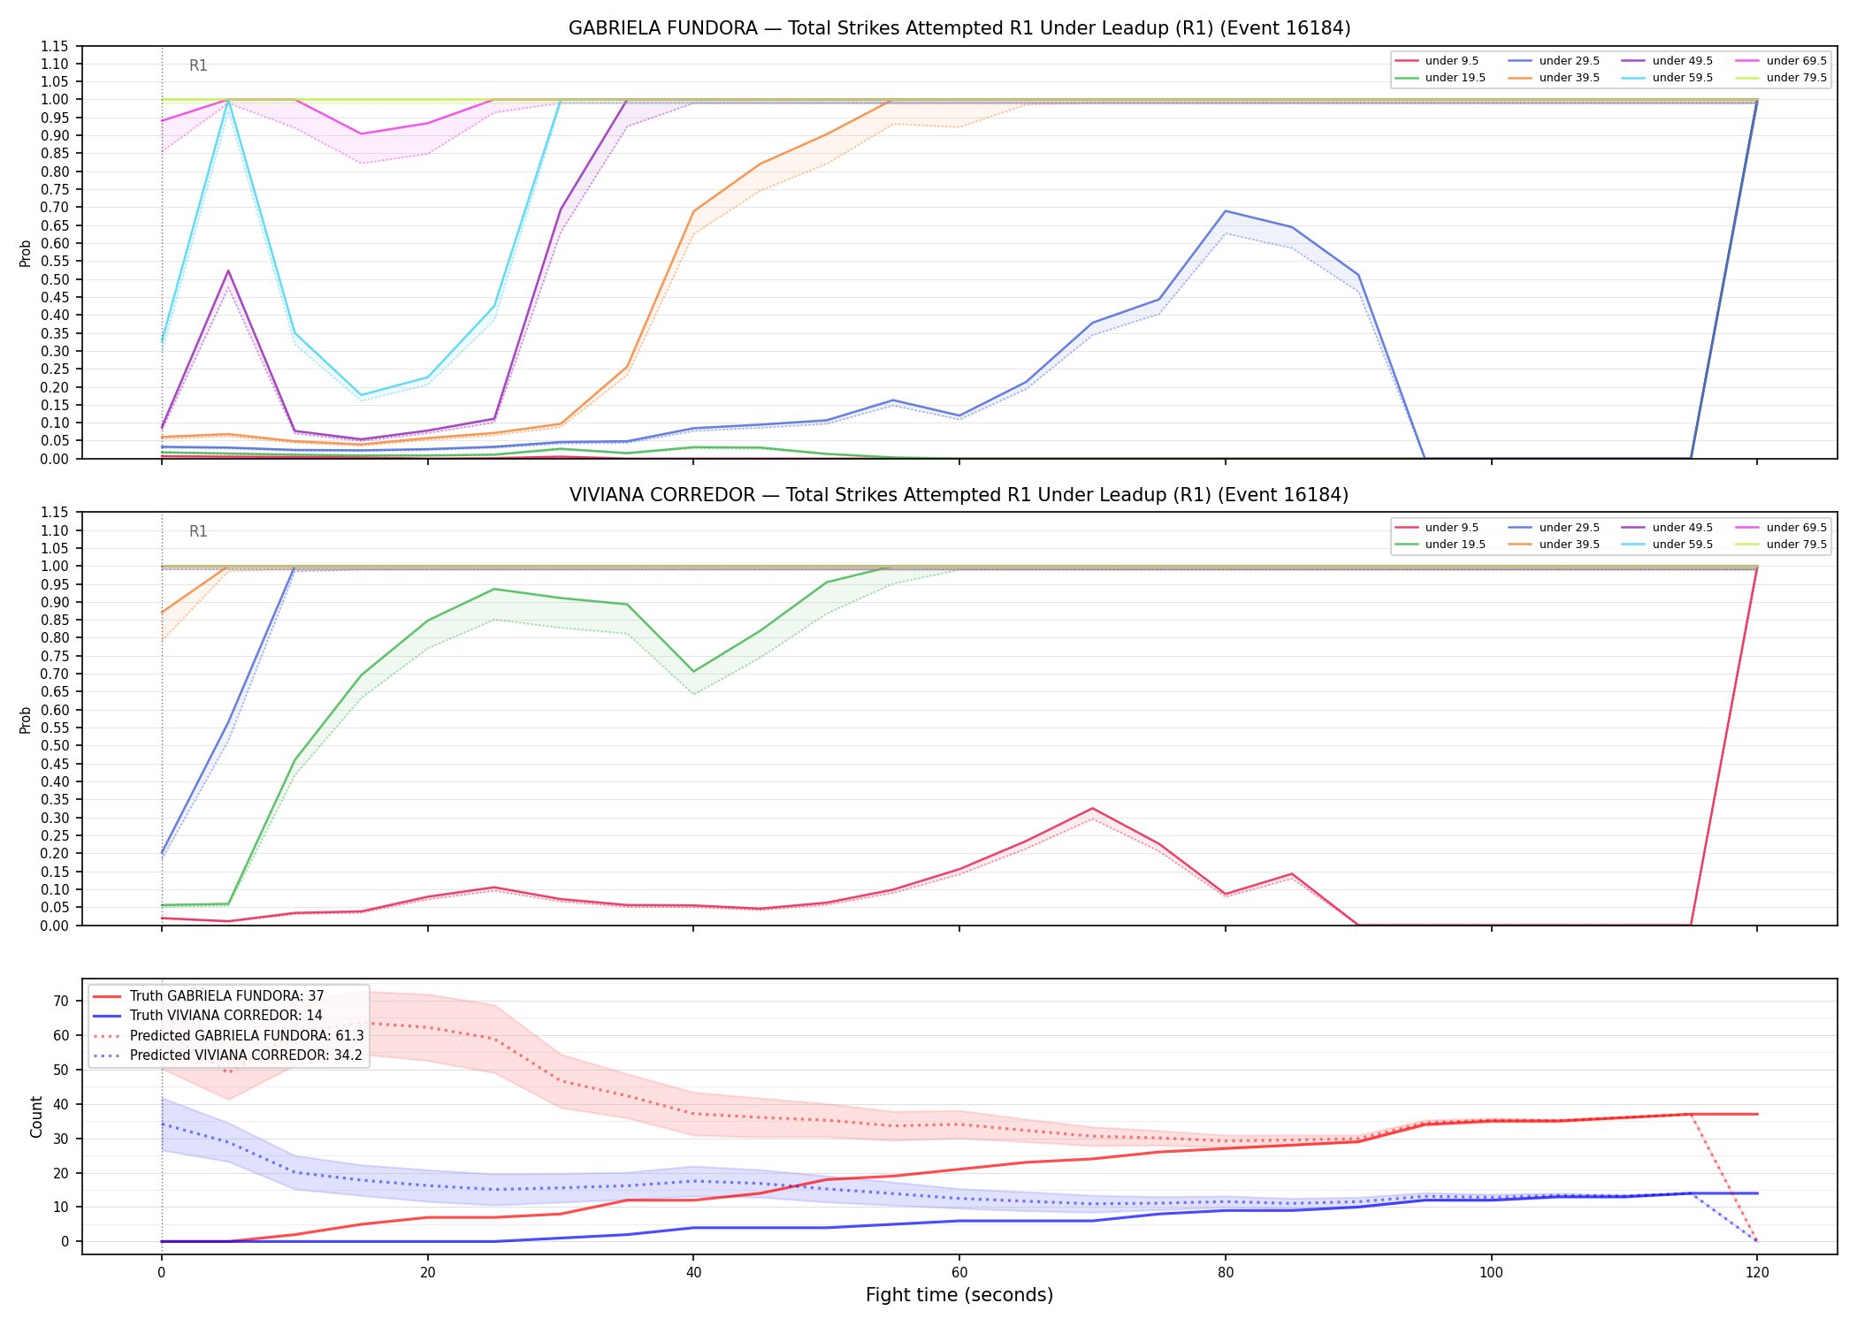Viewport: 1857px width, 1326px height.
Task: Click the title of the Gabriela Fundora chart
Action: pos(959,28)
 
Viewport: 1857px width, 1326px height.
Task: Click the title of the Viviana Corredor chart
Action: pos(959,495)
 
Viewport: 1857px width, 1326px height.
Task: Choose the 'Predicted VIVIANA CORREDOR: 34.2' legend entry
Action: pos(227,1055)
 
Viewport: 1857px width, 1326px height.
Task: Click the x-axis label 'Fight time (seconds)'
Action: pos(959,1295)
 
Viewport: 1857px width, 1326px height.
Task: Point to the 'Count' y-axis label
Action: pos(36,1116)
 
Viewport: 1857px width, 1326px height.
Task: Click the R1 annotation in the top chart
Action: pos(198,65)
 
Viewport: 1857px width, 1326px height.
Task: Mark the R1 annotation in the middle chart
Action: pos(198,531)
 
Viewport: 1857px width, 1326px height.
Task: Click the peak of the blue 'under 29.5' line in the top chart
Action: pos(1225,210)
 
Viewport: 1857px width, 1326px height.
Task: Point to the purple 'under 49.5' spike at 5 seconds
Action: pos(228,271)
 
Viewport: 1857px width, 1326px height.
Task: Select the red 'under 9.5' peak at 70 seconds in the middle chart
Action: pos(1092,808)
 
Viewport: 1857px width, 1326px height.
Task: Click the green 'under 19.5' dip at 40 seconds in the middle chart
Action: pos(693,672)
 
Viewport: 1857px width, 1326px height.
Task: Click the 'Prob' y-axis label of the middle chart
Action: pos(26,720)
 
